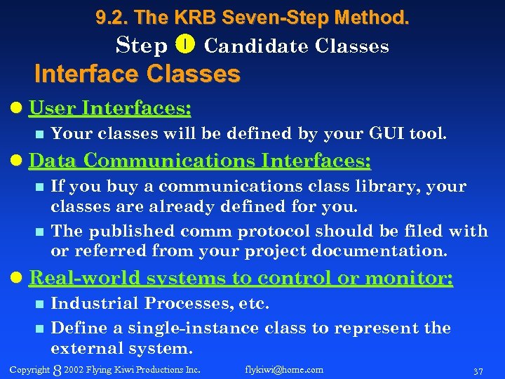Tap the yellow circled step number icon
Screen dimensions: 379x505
[186, 46]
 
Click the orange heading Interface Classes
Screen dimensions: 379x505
[137, 73]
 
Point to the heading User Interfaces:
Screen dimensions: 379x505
[110, 108]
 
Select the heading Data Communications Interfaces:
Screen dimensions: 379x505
[199, 161]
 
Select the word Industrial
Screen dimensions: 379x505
[92, 304]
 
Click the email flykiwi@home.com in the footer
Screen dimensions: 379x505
[284, 369]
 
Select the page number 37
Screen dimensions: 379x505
[478, 371]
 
